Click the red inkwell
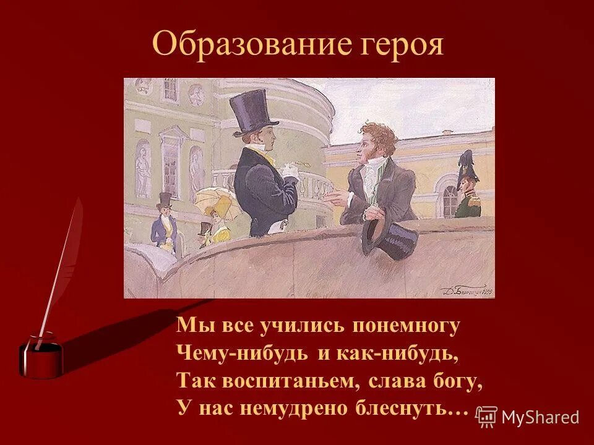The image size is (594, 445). click(x=41, y=357)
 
